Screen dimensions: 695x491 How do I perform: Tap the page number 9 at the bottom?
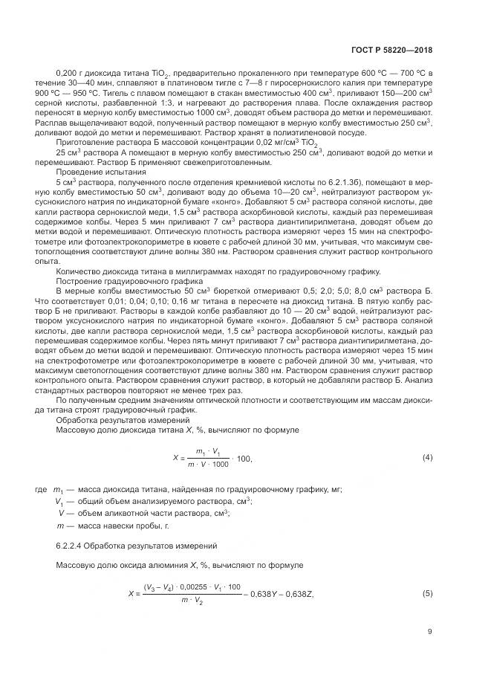[430, 633]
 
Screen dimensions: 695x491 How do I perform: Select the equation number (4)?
[427, 456]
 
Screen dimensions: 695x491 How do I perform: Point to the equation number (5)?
[427, 593]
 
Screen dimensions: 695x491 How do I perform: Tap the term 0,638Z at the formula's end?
[300, 593]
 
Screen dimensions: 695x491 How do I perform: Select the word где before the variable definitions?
[41, 490]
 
